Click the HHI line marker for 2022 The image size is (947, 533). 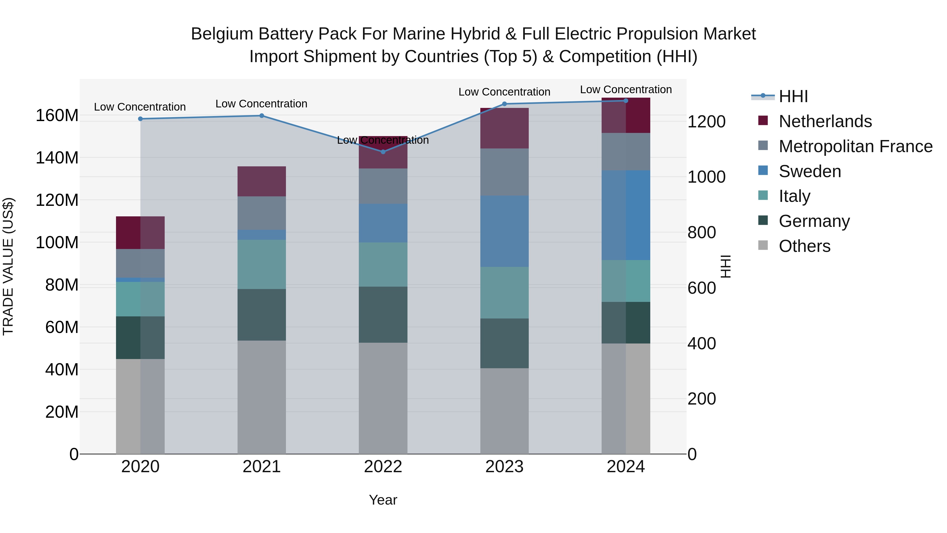pyautogui.click(x=383, y=152)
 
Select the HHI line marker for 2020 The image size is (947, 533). pyautogui.click(x=140, y=119)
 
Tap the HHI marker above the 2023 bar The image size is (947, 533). pyautogui.click(x=504, y=104)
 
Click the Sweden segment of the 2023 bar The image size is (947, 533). pyautogui.click(x=504, y=231)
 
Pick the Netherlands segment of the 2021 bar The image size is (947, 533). pyautogui.click(x=261, y=181)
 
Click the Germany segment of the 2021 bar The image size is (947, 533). pyautogui.click(x=261, y=315)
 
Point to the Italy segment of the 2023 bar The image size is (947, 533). pyautogui.click(x=504, y=292)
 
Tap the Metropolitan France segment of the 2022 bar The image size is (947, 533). pyautogui.click(x=383, y=186)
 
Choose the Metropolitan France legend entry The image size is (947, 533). pyautogui.click(x=855, y=146)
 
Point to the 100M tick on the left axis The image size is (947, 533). pyautogui.click(x=57, y=243)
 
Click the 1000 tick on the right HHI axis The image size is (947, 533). pyautogui.click(x=706, y=177)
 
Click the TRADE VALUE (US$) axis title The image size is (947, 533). pyautogui.click(x=8, y=266)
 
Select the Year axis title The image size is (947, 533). pyautogui.click(x=383, y=500)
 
